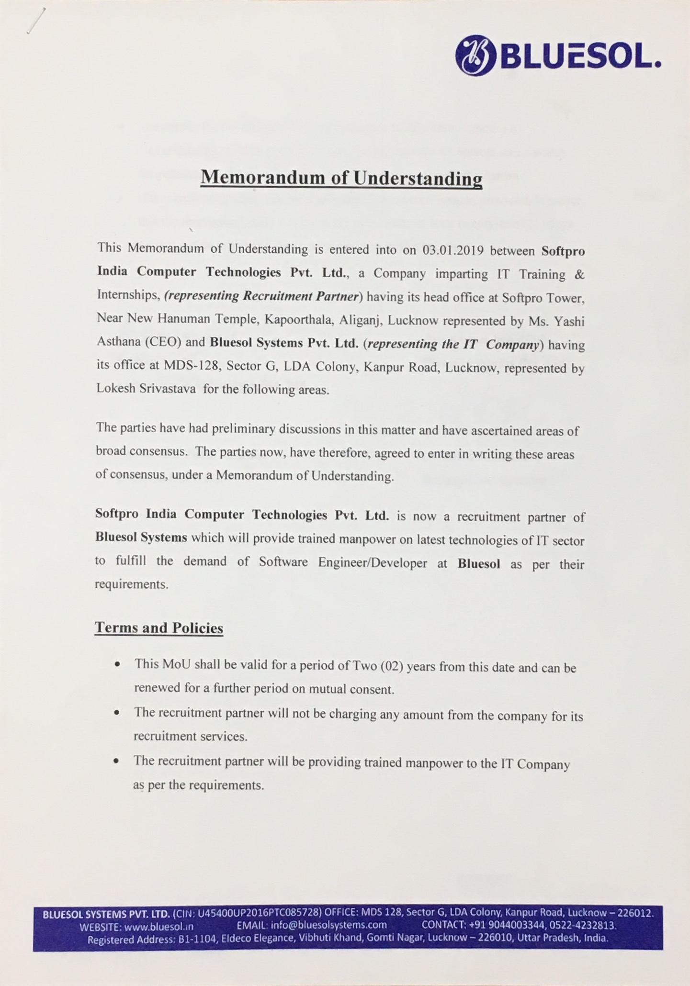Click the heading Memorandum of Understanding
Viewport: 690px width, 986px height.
[341, 177]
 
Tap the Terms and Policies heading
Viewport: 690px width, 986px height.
[159, 627]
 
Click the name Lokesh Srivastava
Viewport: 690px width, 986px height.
[146, 389]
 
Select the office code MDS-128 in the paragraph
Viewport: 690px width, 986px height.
[192, 366]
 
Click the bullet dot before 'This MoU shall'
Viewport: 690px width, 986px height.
[117, 665]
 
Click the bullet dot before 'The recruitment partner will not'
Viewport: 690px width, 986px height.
[117, 713]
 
